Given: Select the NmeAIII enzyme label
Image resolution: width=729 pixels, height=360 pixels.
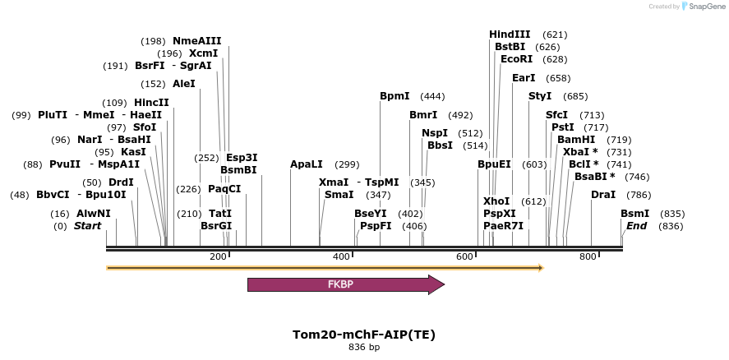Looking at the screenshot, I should tap(196, 41).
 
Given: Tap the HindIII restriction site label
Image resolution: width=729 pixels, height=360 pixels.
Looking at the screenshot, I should tap(510, 35).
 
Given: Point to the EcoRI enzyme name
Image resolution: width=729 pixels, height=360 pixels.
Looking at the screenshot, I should tap(516, 59).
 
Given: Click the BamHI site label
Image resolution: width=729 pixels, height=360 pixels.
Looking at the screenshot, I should tap(576, 140).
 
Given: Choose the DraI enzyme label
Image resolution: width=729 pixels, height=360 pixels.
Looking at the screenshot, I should tap(603, 195).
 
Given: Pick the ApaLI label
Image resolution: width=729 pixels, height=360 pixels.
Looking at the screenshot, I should tap(307, 164).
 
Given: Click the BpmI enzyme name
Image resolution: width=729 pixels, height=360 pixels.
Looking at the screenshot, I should tap(394, 96).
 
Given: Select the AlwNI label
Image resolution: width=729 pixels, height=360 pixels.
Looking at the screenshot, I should tap(94, 214).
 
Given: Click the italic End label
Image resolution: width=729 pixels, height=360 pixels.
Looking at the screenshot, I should tap(636, 226).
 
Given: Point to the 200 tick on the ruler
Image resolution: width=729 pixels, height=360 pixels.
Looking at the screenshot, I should tap(219, 257).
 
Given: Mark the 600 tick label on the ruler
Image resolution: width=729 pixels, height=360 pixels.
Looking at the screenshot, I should tap(464, 257).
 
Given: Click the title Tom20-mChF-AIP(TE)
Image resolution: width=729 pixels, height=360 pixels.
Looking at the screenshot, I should tap(364, 335).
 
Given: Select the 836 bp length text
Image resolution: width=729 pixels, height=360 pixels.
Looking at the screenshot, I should tap(364, 348).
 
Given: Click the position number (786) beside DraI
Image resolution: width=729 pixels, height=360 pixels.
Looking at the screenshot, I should tap(639, 196).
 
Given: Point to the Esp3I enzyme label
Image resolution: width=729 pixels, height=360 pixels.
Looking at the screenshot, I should tap(242, 158).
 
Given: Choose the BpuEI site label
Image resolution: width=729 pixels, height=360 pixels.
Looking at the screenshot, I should tap(494, 164).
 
